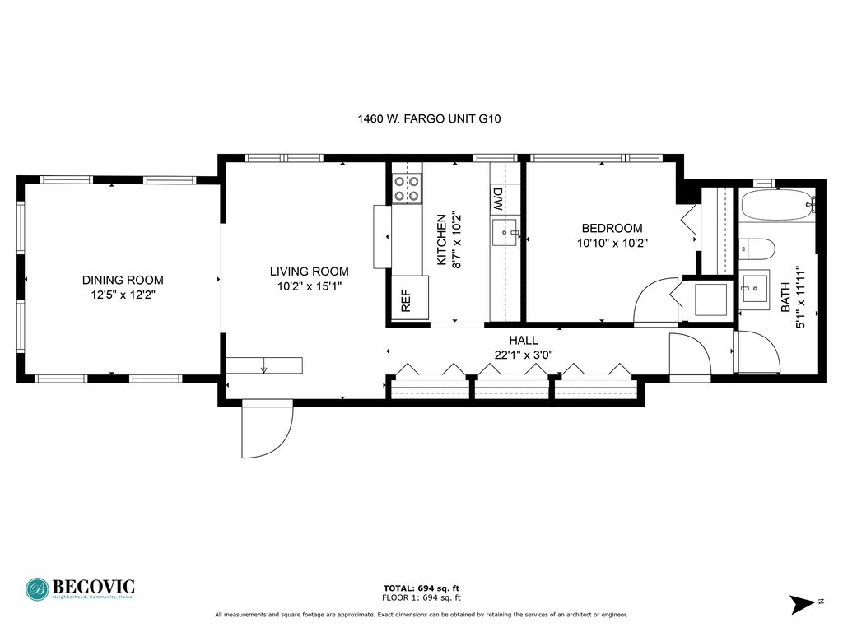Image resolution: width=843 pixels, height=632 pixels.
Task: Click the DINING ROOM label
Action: (x=123, y=280)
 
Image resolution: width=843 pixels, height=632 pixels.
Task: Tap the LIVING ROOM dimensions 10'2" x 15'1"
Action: (x=310, y=286)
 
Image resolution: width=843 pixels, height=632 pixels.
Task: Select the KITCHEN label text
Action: (x=441, y=239)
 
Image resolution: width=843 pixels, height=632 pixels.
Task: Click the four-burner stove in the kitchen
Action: (x=407, y=188)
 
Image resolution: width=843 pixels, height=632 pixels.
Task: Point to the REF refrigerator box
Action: (x=410, y=298)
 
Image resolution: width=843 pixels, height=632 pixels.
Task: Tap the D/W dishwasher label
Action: (x=497, y=200)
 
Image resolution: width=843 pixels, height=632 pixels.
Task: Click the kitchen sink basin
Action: (x=504, y=232)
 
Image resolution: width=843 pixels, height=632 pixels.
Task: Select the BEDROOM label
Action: (x=612, y=228)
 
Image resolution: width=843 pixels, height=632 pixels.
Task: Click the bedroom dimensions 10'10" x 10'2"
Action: (x=612, y=243)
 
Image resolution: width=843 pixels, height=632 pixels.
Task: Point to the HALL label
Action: (x=524, y=340)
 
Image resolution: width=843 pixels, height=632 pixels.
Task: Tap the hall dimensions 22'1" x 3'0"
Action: (x=524, y=355)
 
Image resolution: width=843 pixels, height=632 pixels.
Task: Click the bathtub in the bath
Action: (x=779, y=205)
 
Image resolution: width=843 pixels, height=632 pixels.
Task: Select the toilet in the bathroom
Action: (x=757, y=249)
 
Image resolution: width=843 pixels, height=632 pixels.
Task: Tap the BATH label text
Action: (x=785, y=297)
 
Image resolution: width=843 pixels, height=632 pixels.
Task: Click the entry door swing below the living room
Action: (x=268, y=428)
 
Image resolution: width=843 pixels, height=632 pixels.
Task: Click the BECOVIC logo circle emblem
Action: (x=37, y=589)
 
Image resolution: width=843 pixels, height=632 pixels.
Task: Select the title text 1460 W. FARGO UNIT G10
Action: (x=429, y=118)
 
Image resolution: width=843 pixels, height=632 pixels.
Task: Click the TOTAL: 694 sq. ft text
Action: (x=421, y=588)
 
